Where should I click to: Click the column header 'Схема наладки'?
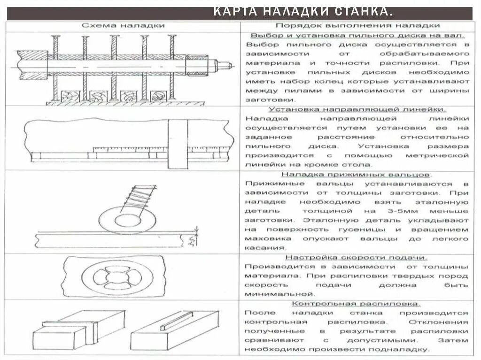coord(123,26)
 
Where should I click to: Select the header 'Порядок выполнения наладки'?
coord(357,26)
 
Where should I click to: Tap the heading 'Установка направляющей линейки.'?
coord(357,109)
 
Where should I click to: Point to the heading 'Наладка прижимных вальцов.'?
coord(357,174)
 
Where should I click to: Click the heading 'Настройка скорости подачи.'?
coord(357,257)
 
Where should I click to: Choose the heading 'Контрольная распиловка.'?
coord(357,304)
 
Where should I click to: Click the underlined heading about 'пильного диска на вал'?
coord(357,35)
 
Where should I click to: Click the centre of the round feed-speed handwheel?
coord(115,277)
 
